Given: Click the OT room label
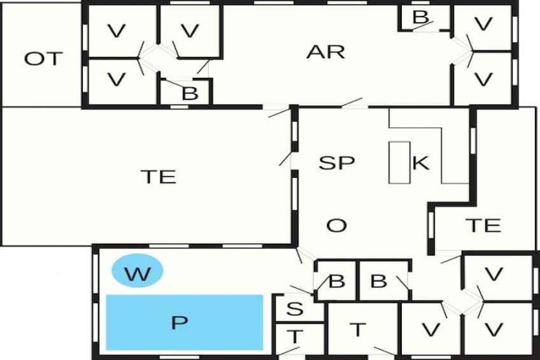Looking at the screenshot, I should click(44, 59).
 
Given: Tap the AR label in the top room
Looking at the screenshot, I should click(325, 52).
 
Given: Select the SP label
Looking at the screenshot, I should click(336, 162).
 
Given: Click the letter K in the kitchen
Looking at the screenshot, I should click(421, 163).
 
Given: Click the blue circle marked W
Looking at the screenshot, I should click(138, 272).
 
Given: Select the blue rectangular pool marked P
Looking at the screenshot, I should click(184, 322).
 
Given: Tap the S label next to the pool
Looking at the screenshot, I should click(294, 309).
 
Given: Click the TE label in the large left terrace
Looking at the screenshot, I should click(158, 176).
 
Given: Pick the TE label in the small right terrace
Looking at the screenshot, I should click(483, 225).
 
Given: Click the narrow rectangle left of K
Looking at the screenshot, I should click(400, 163).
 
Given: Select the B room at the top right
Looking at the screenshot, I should click(420, 17).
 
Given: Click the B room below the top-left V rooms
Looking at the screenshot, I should click(190, 93).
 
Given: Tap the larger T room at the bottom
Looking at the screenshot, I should click(359, 329).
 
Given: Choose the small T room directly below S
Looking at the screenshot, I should click(294, 337).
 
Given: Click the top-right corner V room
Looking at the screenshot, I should click(484, 25).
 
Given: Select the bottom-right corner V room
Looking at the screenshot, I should click(494, 329).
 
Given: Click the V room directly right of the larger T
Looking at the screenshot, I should click(430, 329).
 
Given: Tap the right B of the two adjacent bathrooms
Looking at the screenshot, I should click(378, 281).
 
